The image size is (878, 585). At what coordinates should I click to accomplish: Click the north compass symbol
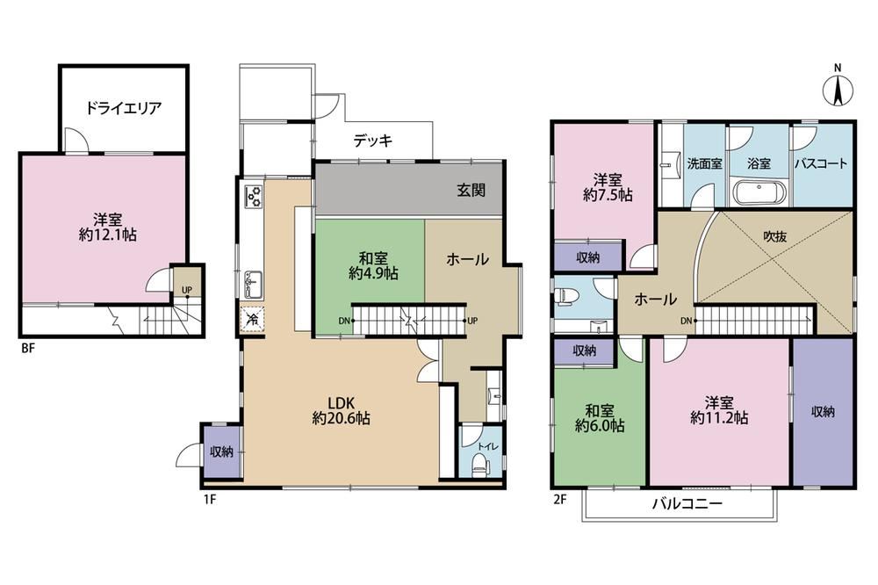(838, 89)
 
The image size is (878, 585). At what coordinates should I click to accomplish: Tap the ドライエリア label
(123, 107)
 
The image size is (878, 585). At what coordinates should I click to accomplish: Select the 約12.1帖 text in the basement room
(107, 235)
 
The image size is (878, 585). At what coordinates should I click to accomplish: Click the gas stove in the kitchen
(253, 197)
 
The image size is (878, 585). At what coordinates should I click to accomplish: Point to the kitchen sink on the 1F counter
(254, 285)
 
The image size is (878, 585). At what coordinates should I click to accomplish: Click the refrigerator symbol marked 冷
(253, 321)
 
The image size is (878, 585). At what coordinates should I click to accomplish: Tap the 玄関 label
(471, 191)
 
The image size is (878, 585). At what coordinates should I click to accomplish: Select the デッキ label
(373, 140)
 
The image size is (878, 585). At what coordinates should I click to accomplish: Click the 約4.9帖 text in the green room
(373, 273)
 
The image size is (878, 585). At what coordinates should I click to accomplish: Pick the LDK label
(341, 402)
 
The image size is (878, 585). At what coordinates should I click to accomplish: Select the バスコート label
(821, 164)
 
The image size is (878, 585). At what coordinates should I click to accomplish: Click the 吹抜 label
(775, 236)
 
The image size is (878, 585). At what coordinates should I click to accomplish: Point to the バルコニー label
(687, 503)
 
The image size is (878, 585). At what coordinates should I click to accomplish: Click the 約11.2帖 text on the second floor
(719, 417)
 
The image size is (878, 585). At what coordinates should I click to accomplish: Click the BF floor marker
(28, 348)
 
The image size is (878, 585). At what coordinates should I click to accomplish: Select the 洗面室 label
(704, 164)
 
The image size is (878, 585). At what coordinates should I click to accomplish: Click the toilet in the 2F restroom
(566, 296)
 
